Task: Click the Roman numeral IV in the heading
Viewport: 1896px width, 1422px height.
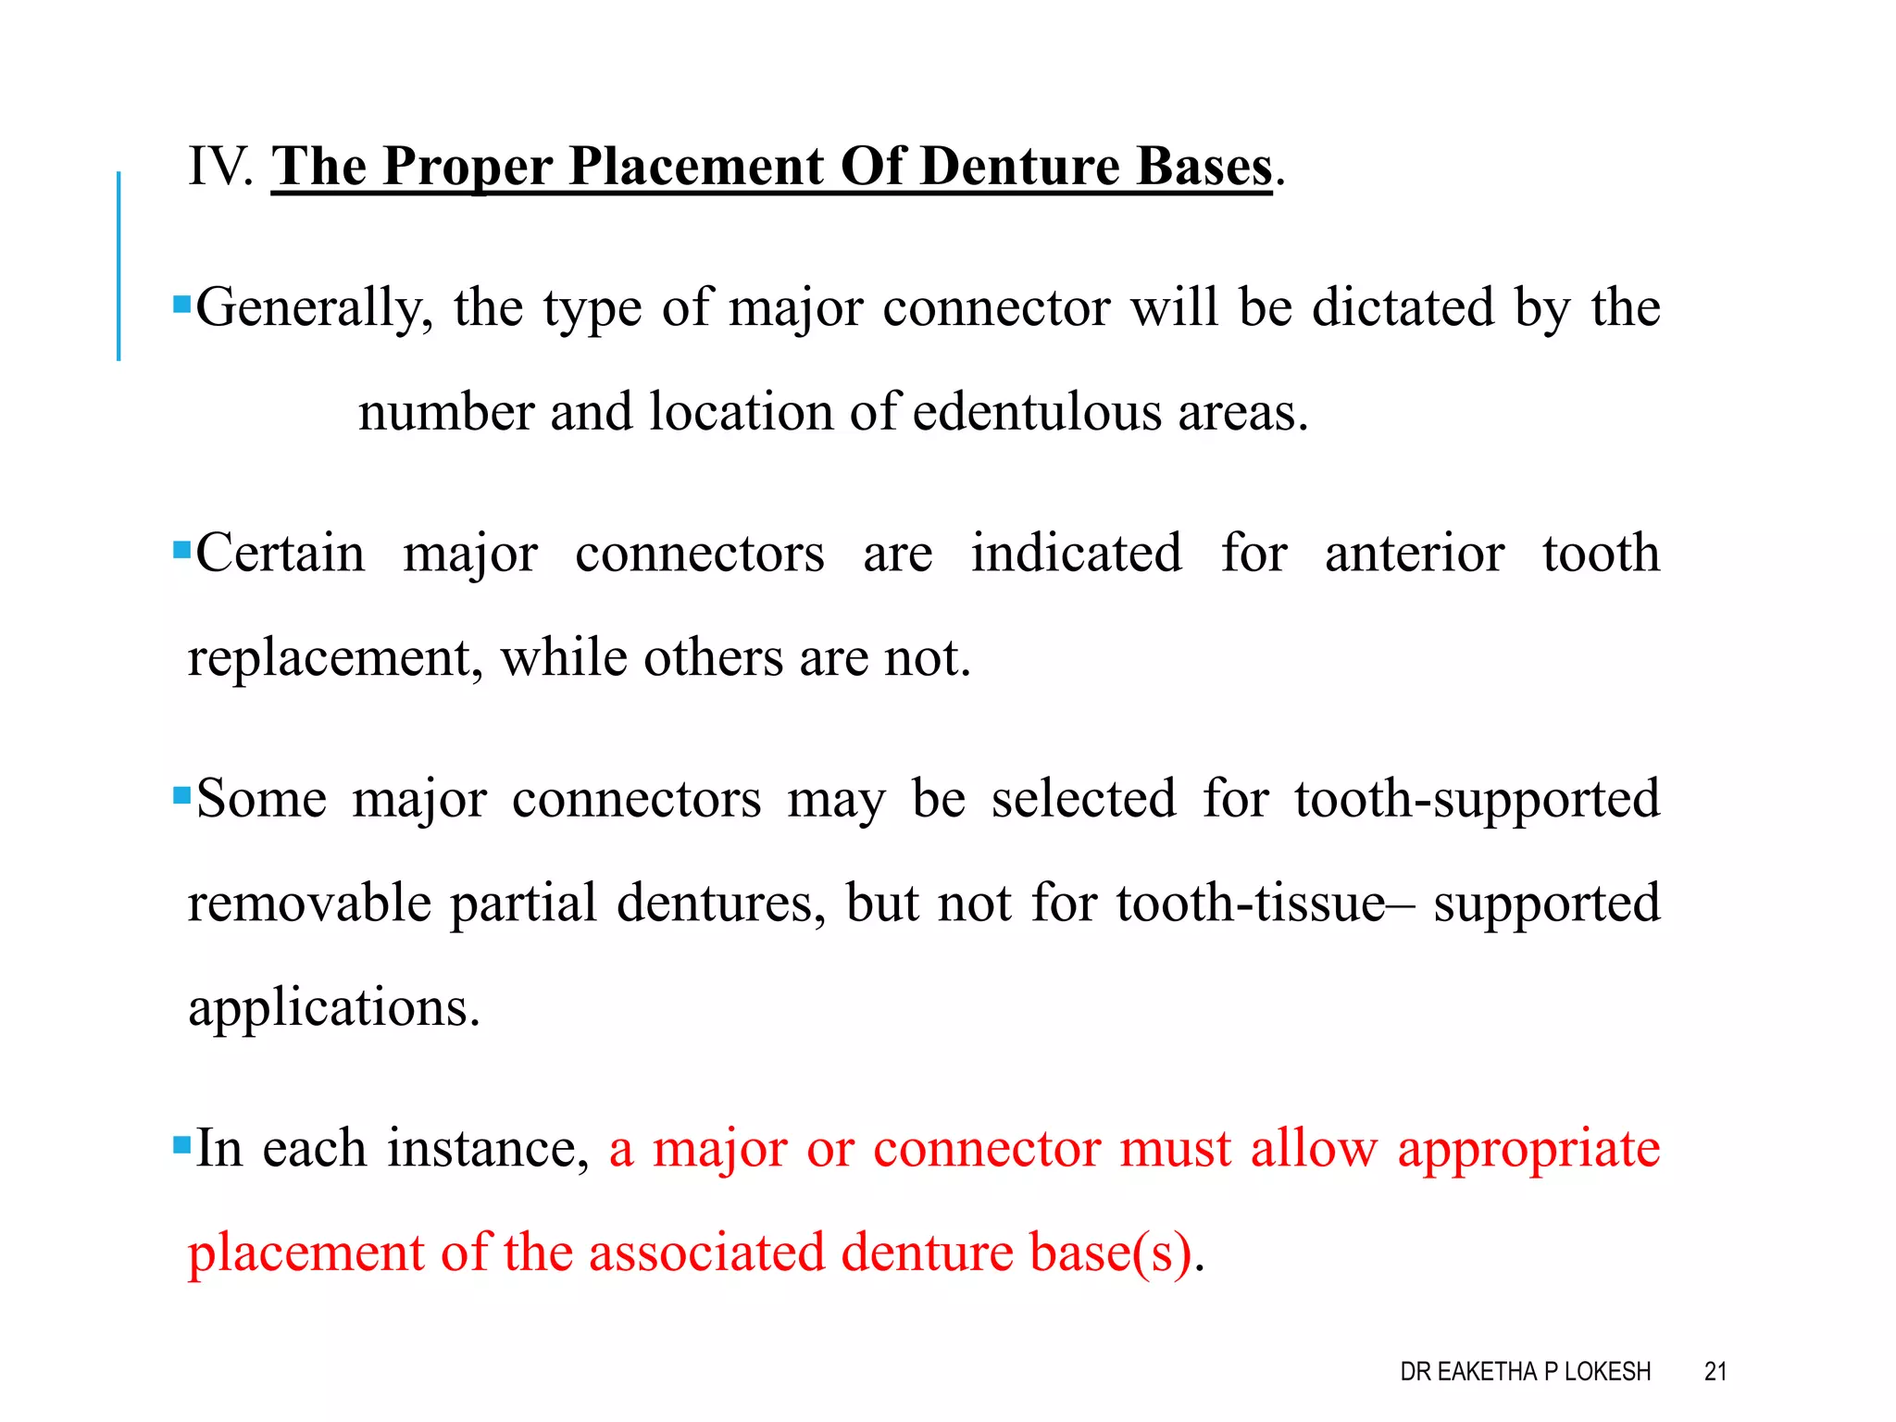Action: (x=218, y=167)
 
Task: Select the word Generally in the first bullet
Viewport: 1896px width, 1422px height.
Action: (x=314, y=307)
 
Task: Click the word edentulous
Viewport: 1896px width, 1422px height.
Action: (x=1036, y=412)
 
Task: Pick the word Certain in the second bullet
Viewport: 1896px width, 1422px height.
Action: (x=281, y=554)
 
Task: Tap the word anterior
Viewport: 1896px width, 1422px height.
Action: (x=1414, y=554)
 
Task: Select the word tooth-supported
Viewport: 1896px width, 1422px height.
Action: (x=1477, y=798)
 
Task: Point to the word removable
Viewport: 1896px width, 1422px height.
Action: (x=309, y=903)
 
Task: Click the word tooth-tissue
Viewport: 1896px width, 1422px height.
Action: (x=1250, y=903)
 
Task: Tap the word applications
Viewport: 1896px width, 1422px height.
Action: (x=334, y=1007)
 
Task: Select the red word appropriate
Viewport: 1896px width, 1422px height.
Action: (x=1528, y=1148)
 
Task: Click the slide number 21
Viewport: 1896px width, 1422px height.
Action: (x=1715, y=1371)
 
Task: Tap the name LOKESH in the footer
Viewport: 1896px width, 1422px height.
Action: (x=1607, y=1371)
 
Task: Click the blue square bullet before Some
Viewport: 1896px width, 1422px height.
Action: (x=181, y=794)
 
